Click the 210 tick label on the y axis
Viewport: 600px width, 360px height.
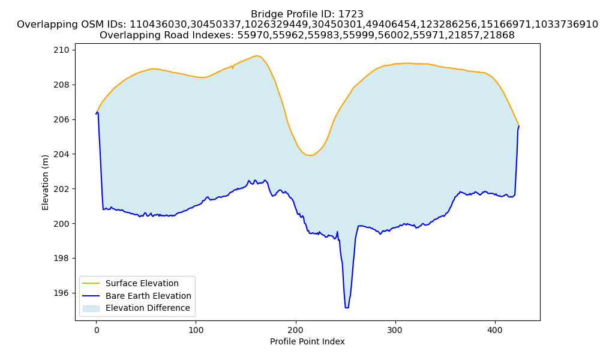point(61,50)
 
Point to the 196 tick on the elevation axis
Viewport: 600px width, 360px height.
point(61,293)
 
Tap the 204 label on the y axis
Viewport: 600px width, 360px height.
point(61,154)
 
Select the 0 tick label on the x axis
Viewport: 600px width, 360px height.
point(97,330)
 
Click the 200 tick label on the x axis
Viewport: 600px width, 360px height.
point(295,330)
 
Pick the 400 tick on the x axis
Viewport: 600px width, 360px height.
point(495,330)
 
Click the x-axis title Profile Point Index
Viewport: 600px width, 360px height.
point(307,341)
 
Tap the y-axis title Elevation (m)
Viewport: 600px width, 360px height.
point(46,182)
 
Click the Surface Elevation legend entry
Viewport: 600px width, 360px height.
point(142,283)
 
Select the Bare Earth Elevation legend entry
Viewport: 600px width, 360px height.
point(148,296)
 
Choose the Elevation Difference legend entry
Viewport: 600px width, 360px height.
point(148,308)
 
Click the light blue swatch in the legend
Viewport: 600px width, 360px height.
point(91,308)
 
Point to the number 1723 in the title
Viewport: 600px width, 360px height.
point(351,14)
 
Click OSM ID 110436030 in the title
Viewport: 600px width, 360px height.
point(159,25)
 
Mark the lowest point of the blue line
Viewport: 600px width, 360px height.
point(347,308)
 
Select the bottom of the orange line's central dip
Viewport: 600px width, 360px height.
point(310,155)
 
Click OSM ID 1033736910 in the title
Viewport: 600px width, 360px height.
point(566,25)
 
